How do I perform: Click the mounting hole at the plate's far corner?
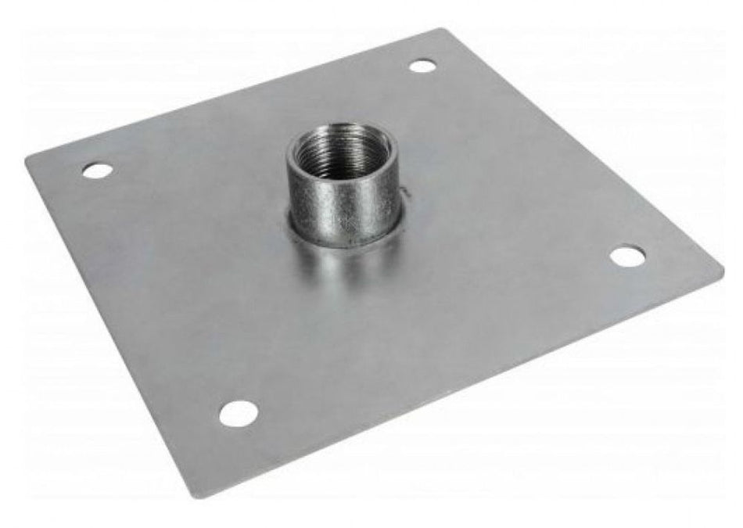tap(422, 66)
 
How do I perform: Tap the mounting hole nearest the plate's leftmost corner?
tap(96, 170)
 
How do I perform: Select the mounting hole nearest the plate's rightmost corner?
tap(628, 256)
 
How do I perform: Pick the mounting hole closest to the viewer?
tap(239, 412)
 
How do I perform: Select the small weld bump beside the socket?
tap(406, 193)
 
